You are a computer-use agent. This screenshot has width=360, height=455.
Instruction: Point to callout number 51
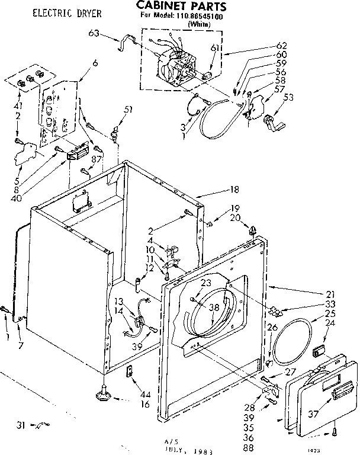click(128, 110)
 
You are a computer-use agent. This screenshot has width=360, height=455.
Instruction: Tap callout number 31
click(21, 424)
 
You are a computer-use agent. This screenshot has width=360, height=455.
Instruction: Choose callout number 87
click(98, 159)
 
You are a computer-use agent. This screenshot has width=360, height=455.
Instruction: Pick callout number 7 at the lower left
click(21, 345)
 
